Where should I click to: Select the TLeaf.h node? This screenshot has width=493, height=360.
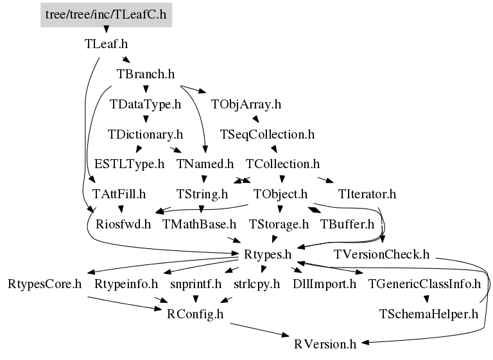pyautogui.click(x=106, y=44)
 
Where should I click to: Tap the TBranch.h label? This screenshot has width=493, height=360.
pyautogui.click(x=146, y=74)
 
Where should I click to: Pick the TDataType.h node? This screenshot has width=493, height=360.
pyautogui.click(x=146, y=103)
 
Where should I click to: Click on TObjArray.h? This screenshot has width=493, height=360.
pyautogui.click(x=246, y=103)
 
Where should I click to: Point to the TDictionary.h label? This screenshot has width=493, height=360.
pyautogui.click(x=146, y=134)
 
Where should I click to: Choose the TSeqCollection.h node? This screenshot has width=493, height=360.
pyautogui.click(x=266, y=134)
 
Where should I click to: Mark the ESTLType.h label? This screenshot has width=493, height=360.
pyautogui.click(x=129, y=164)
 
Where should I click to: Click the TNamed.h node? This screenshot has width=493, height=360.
pyautogui.click(x=205, y=164)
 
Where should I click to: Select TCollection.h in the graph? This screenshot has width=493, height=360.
pyautogui.click(x=282, y=164)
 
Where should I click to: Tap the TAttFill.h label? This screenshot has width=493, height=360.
pyautogui.click(x=119, y=193)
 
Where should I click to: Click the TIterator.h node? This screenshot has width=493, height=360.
pyautogui.click(x=367, y=193)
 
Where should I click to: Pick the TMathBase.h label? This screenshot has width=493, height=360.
pyautogui.click(x=200, y=224)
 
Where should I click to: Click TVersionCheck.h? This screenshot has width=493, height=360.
pyautogui.click(x=382, y=253)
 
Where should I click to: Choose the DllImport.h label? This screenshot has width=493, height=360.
pyautogui.click(x=324, y=283)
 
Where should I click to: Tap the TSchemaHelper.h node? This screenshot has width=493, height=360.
pyautogui.click(x=429, y=314)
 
